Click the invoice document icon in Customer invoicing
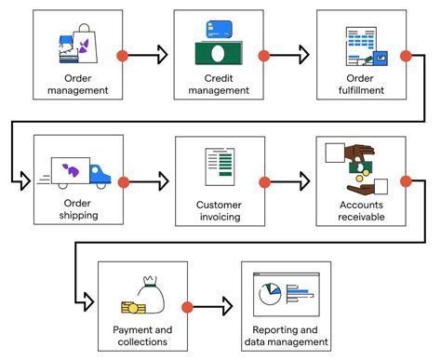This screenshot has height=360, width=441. coord(220,167)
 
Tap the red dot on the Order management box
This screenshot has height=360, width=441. coord(122,57)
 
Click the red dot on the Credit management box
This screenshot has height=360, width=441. coord(264,57)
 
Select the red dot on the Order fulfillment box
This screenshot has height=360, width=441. coord(406,57)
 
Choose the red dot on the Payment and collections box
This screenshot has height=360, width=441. coord(187,306)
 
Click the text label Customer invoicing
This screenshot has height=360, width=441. coord(220,210)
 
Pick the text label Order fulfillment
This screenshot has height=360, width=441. coord(361,85)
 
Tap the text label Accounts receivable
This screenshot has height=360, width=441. coord(361,210)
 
